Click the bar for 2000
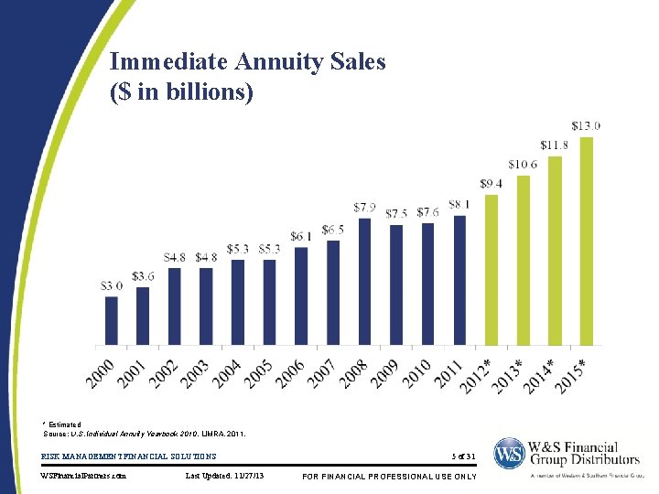click(112, 321)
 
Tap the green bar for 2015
click(587, 242)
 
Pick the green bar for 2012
click(492, 270)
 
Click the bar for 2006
click(301, 296)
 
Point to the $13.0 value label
click(586, 125)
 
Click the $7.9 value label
click(364, 207)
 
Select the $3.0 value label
click(112, 285)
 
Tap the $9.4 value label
click(491, 184)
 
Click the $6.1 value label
click(301, 236)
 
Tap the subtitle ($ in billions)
click(181, 92)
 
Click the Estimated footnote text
click(63, 424)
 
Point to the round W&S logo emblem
click(510, 455)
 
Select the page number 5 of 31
click(464, 456)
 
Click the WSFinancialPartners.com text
click(85, 476)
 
